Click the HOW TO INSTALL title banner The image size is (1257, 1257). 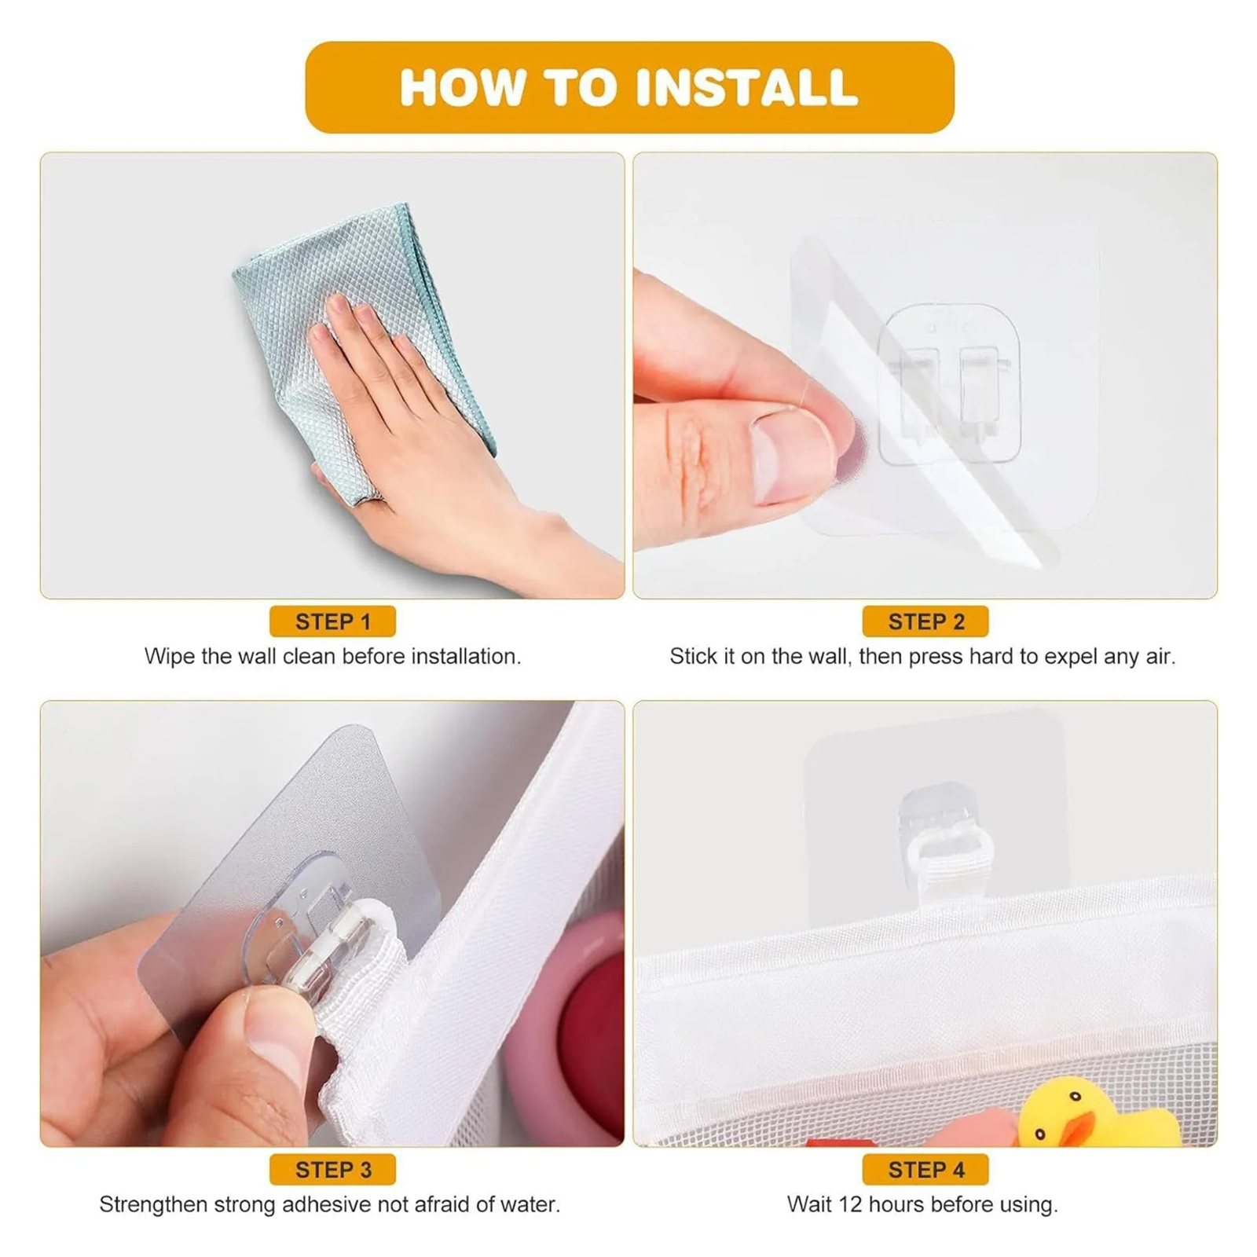[629, 87]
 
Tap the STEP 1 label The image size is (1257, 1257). [332, 621]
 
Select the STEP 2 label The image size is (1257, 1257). [925, 621]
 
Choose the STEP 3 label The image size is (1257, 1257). [332, 1170]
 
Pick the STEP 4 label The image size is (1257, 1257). [925, 1170]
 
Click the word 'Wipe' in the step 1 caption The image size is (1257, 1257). [170, 657]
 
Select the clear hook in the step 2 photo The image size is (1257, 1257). [950, 385]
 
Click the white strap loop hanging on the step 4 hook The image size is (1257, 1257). [949, 871]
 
